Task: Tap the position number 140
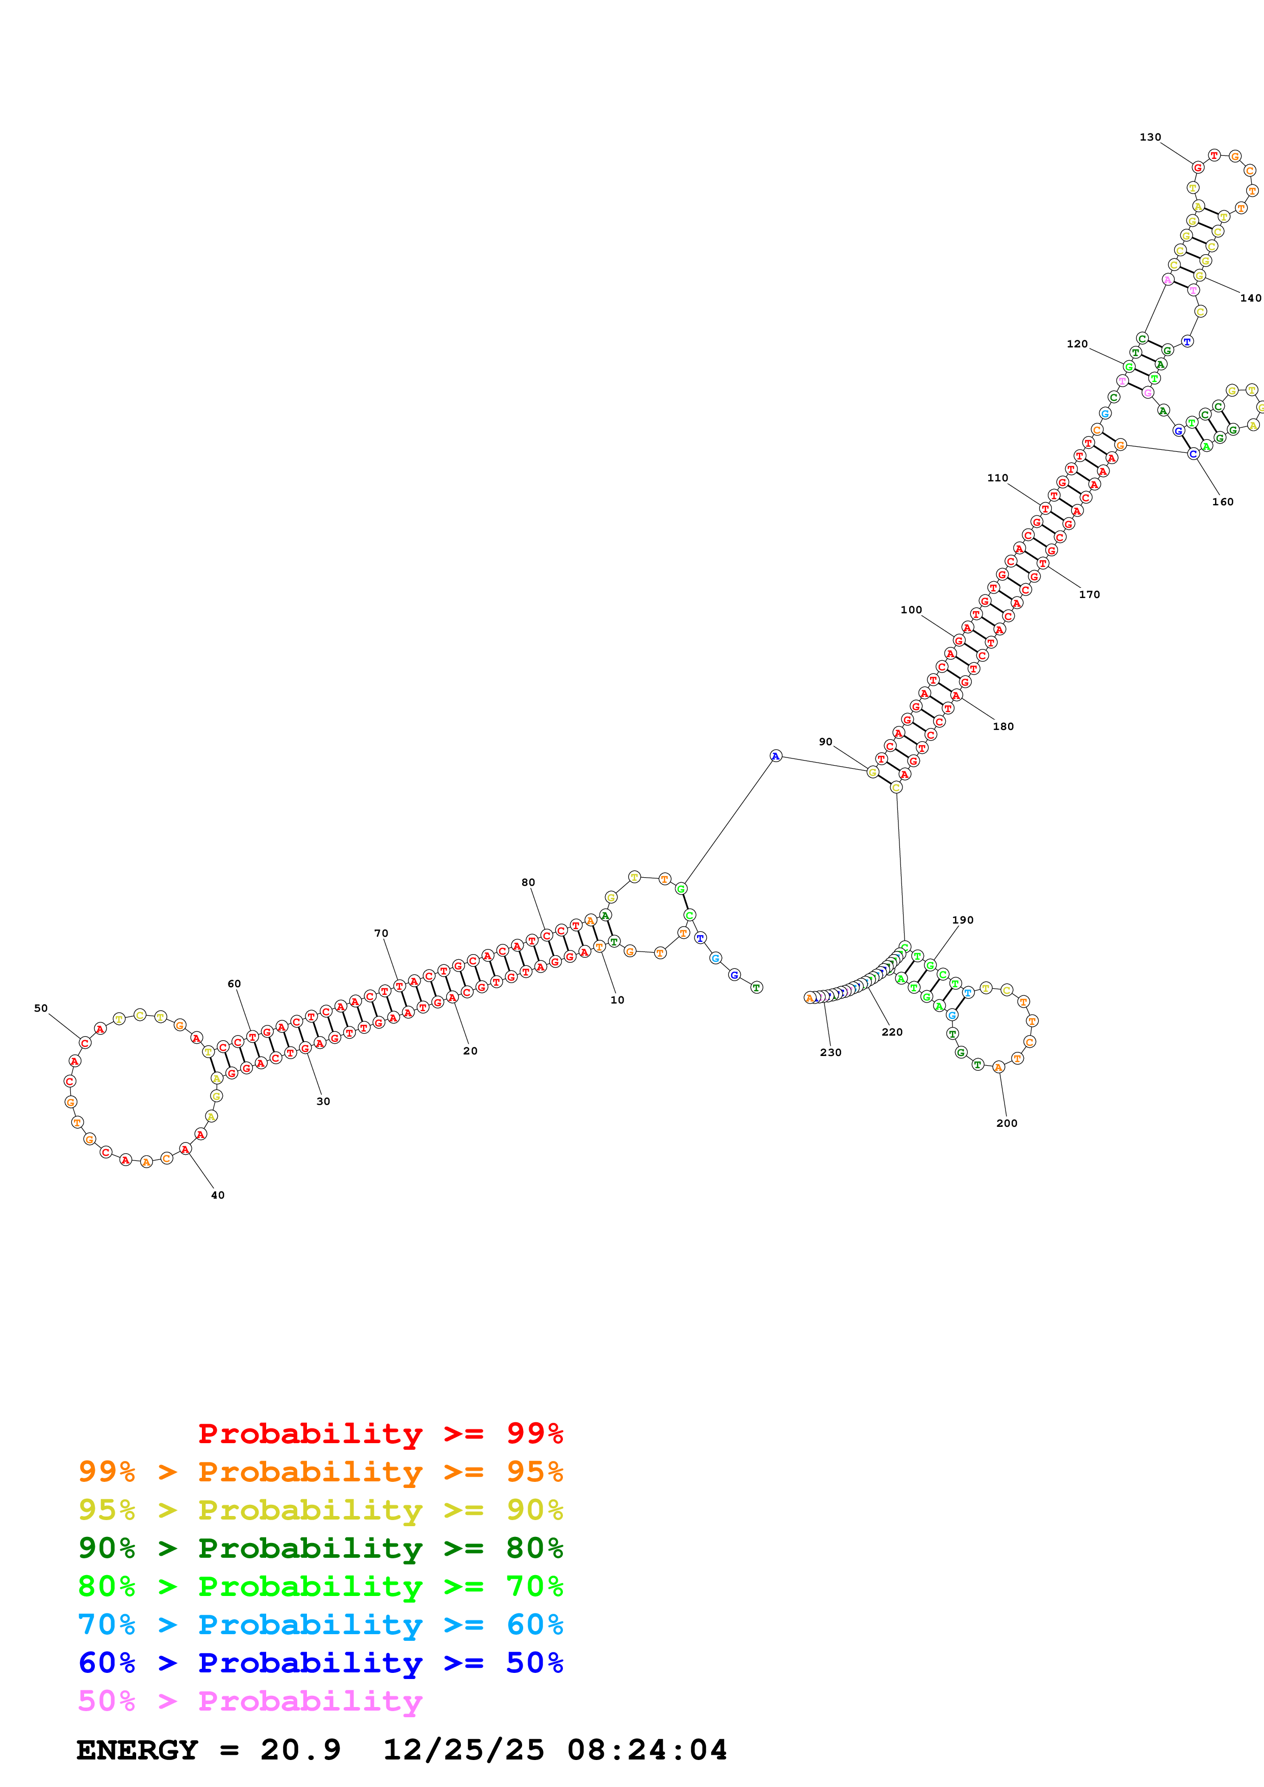pos(1250,298)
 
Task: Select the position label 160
pos(1222,502)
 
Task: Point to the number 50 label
pos(40,1008)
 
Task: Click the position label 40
pos(217,1195)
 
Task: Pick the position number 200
pos(1006,1123)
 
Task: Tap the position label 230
pos(830,1052)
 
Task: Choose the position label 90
pos(825,742)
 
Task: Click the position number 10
pos(617,1000)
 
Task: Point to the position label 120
pos(1076,344)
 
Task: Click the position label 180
pos(1002,726)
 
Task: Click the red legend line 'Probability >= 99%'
pos(380,1433)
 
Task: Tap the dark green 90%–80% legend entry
pos(320,1548)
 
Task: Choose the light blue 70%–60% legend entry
pos(320,1624)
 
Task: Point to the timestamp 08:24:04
pos(647,1750)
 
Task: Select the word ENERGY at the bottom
pos(137,1750)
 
